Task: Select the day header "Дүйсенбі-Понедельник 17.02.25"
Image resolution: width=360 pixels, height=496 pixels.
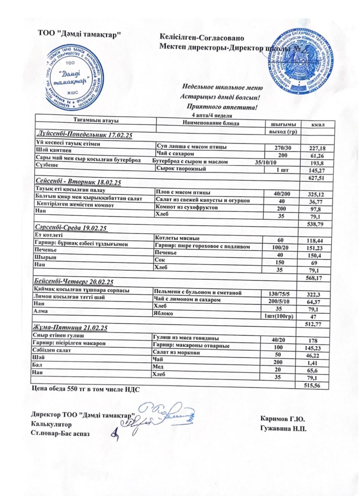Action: (84, 135)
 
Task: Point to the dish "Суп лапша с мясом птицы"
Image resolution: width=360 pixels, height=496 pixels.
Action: (191, 146)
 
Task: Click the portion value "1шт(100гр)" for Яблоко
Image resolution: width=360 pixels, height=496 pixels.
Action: (278, 316)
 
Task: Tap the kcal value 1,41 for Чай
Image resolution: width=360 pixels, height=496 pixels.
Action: (315, 362)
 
